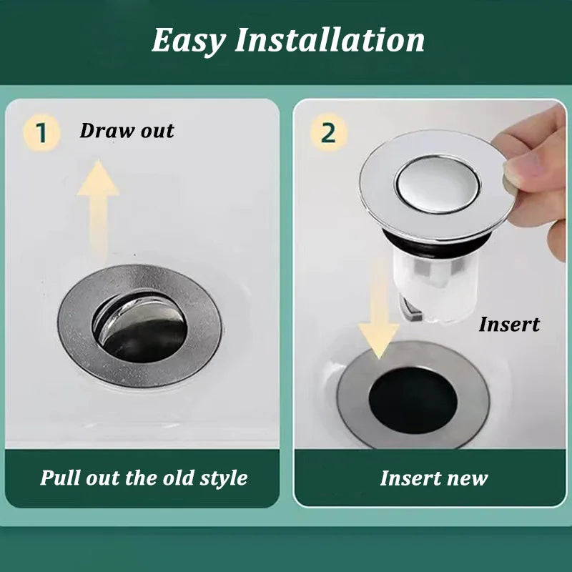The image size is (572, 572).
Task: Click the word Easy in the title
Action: click(x=189, y=41)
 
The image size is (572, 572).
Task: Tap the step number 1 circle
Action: click(x=41, y=132)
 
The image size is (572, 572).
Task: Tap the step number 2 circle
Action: click(x=328, y=133)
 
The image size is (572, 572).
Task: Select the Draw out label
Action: click(x=127, y=131)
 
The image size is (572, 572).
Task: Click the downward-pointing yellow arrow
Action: click(x=379, y=310)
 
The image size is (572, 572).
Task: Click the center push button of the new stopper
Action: click(x=438, y=184)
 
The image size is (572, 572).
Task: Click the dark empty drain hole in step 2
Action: click(x=413, y=400)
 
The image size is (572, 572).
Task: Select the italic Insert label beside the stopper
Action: click(x=509, y=324)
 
